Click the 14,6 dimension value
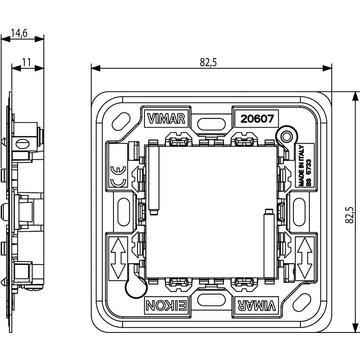[19, 33]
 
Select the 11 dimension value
[26, 62]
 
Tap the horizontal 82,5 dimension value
[208, 62]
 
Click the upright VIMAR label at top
[166, 119]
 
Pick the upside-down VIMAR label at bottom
[256, 306]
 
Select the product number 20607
[257, 119]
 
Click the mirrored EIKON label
[166, 306]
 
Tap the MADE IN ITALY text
[301, 165]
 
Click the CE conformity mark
[118, 176]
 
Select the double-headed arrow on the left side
[118, 258]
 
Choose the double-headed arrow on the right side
[304, 258]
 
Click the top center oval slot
[211, 124]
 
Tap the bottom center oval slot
[211, 300]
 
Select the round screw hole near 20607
[286, 137]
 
